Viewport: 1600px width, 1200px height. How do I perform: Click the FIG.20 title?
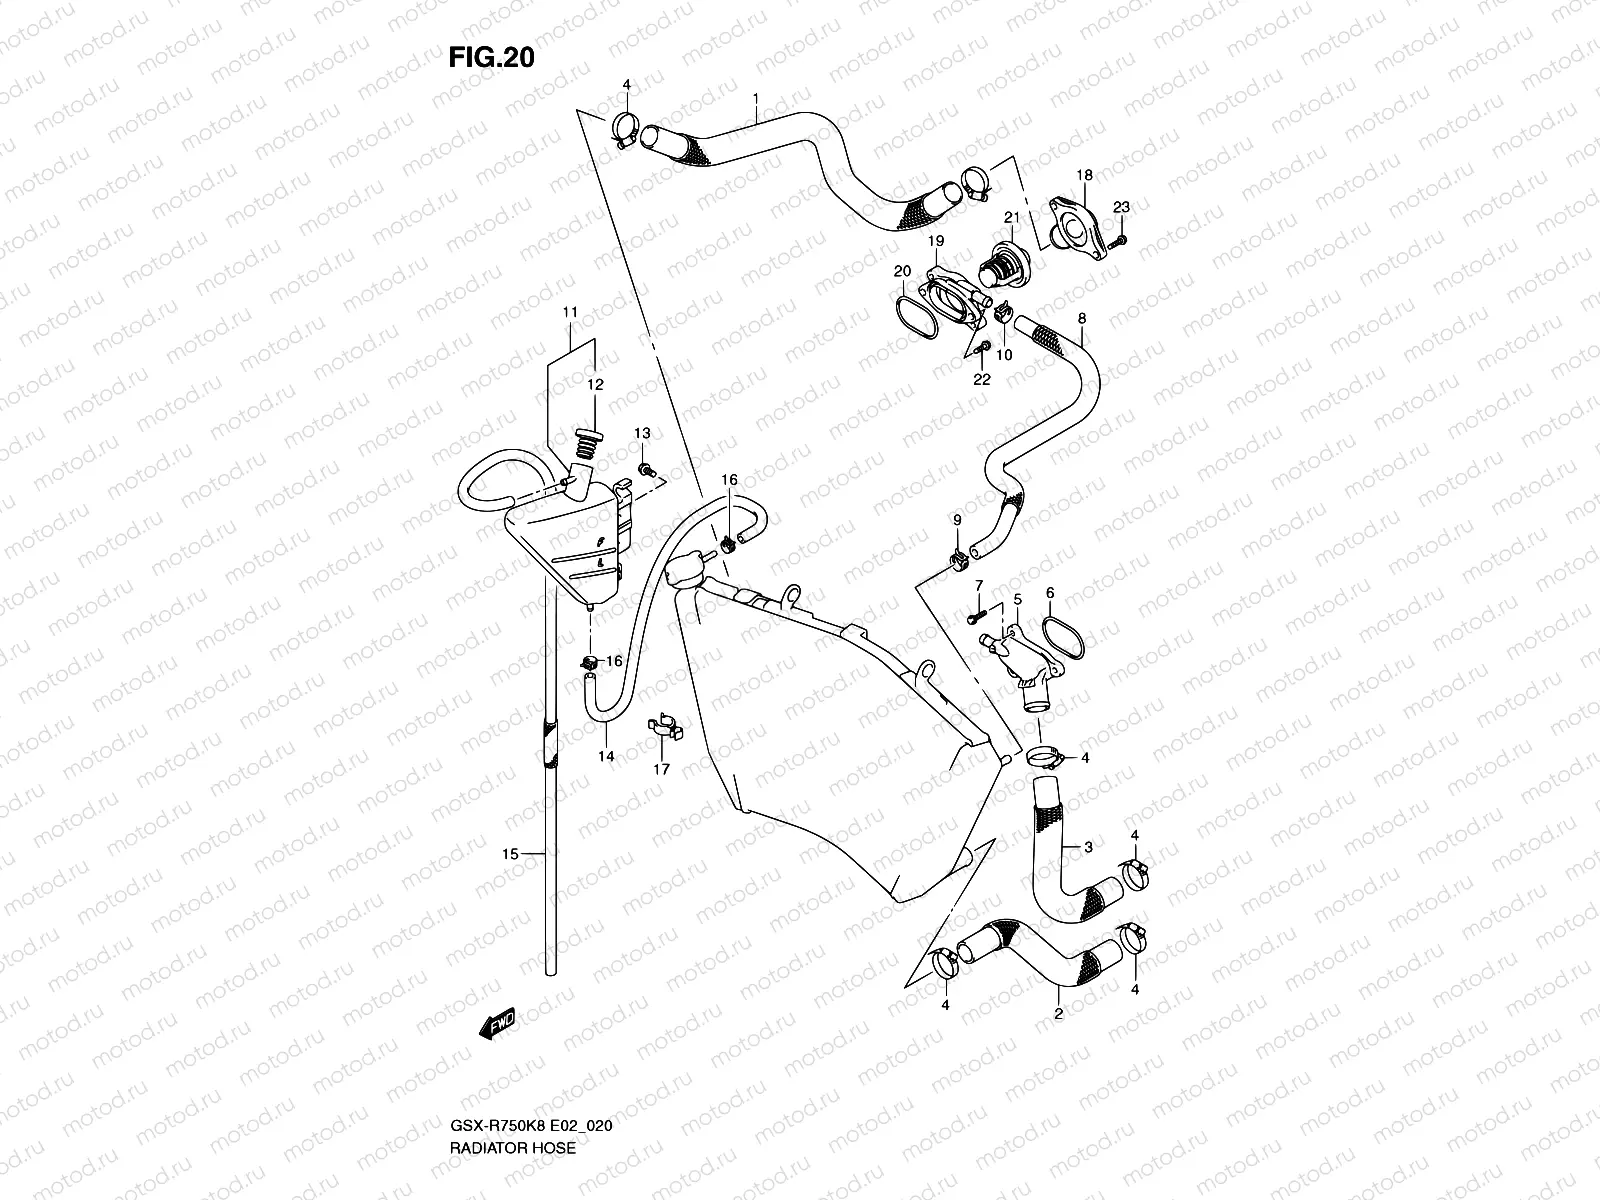490,58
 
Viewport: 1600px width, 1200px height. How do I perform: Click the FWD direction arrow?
497,1021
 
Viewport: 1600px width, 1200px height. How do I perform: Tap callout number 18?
1084,175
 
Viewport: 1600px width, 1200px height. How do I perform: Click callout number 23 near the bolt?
1121,207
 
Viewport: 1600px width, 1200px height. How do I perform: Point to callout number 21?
1011,217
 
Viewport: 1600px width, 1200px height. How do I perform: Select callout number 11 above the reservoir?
570,313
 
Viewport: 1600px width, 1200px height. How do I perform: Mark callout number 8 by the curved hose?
1081,318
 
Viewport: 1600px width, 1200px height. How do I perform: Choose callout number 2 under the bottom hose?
1058,1013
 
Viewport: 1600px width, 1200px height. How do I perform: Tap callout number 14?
606,757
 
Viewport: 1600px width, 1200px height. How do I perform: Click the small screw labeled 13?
646,468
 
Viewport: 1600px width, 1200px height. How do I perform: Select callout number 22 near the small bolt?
981,379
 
